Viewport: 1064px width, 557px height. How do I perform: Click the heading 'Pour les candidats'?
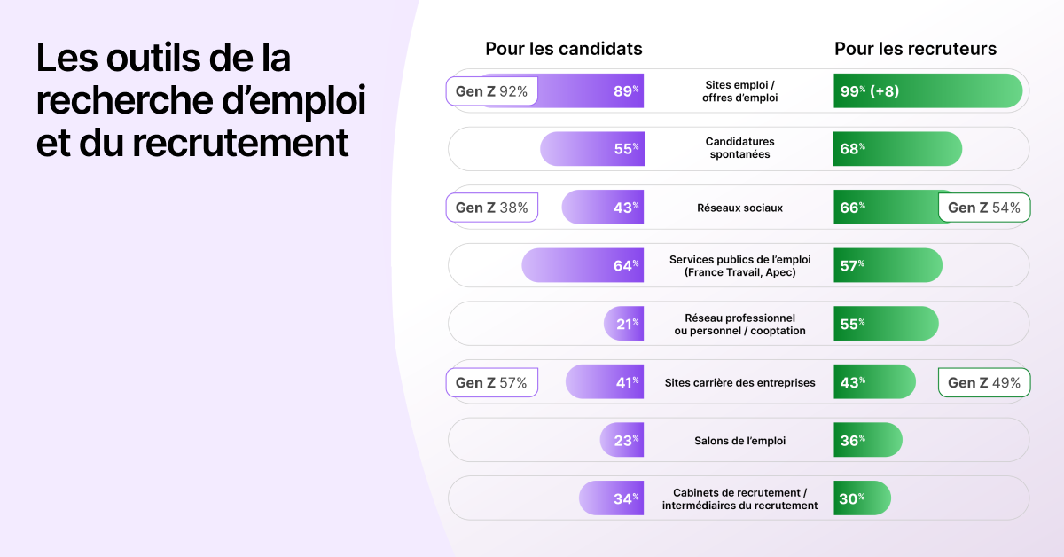coord(563,49)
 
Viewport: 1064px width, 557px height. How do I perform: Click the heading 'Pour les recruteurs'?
coord(915,49)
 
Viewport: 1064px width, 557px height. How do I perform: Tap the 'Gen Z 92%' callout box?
coord(491,90)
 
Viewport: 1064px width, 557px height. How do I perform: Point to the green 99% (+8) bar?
coord(927,90)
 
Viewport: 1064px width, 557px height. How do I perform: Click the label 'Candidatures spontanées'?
coord(739,148)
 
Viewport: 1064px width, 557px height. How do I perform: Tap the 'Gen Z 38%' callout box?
coord(491,208)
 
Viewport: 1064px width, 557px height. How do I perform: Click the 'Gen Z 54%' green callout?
coord(984,208)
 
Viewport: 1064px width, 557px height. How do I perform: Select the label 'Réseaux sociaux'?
coord(739,208)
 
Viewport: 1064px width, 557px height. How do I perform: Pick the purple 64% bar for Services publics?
coord(583,265)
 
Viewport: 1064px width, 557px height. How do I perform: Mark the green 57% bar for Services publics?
coord(888,265)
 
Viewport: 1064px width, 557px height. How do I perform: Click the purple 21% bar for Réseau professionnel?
coord(624,324)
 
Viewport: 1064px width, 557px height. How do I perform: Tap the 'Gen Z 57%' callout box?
coord(491,382)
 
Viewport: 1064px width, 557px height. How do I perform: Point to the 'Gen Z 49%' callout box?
coord(984,382)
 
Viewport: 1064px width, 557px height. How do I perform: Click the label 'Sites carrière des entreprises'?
coord(739,382)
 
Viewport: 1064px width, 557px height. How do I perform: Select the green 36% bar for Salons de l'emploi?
coord(867,440)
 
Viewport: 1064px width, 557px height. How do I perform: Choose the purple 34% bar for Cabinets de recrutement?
coord(612,498)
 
